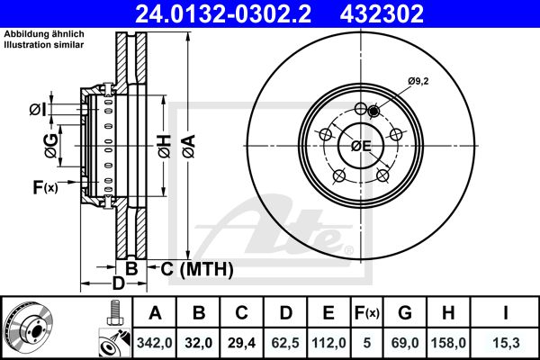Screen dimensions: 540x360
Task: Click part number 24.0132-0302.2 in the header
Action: pos(223,13)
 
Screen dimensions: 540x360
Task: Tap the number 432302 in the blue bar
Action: pos(382,13)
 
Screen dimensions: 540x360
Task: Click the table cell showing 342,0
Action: pos(155,343)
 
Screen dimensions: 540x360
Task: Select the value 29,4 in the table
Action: pos(241,343)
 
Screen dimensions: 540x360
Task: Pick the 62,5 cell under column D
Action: pos(285,343)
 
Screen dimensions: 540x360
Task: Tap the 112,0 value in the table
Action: pos(328,343)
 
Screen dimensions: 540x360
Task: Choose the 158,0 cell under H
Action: pos(448,343)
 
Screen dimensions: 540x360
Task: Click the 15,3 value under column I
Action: pos(506,343)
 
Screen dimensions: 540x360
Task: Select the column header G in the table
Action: pos(405,313)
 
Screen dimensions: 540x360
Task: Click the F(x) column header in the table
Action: pos(367,313)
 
